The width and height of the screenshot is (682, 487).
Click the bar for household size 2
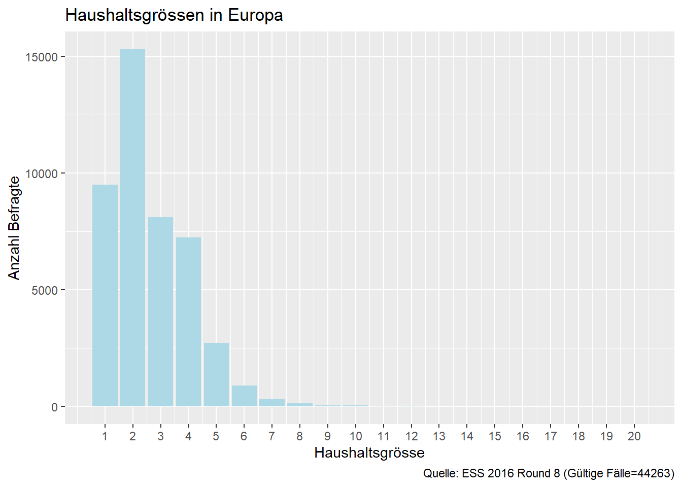click(132, 228)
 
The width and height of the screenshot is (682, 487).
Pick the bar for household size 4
click(188, 322)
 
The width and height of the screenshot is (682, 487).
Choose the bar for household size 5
click(216, 375)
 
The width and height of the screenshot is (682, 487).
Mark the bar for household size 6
click(244, 396)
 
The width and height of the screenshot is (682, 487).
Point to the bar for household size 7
click(272, 403)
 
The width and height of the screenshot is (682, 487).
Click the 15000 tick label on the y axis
click(42, 57)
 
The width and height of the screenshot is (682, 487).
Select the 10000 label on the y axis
click(42, 173)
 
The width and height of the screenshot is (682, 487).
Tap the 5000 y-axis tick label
click(45, 290)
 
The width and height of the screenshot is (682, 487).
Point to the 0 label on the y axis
click(54, 407)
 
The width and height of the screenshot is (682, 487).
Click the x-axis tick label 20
click(634, 436)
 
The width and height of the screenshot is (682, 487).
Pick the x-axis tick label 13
click(439, 436)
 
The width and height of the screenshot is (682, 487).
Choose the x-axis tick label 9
click(327, 436)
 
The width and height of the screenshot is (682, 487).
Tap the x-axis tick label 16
click(523, 436)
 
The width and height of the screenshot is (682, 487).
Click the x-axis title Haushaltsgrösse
click(369, 453)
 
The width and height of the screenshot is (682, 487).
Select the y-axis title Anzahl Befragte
click(14, 228)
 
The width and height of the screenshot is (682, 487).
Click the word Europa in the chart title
click(255, 15)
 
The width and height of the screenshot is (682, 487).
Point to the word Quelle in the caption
click(440, 473)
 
